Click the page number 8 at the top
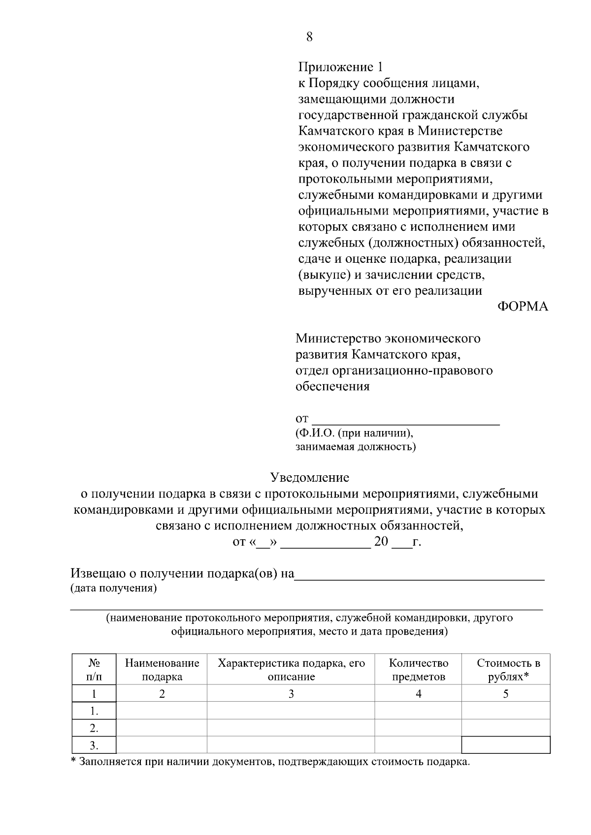[309, 37]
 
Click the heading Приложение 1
[340, 67]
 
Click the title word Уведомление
[309, 477]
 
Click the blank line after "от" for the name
[406, 419]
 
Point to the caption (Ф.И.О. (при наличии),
[354, 433]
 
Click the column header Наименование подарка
[162, 670]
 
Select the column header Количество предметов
[418, 670]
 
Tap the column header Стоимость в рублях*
[508, 670]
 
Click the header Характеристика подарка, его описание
[291, 670]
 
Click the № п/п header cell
[94, 670]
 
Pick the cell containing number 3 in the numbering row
[291, 694]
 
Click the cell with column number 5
[506, 694]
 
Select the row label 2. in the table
[94, 728]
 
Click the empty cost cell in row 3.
[506, 745]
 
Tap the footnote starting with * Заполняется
[270, 762]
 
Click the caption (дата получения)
[114, 588]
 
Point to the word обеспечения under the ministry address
[332, 386]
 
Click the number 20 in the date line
[381, 542]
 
